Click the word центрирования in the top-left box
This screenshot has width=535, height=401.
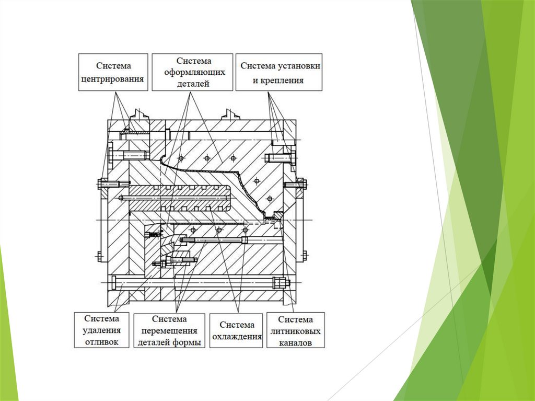coord(113,79)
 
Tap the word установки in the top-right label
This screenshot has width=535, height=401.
coord(299,66)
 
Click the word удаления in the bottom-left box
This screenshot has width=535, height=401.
coord(102,330)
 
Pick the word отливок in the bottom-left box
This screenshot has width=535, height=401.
coord(102,342)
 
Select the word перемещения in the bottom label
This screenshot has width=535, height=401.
coord(169,331)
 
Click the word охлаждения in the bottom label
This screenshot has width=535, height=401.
coord(236,337)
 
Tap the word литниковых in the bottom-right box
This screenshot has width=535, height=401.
coord(295,331)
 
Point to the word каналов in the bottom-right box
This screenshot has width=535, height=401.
coord(295,343)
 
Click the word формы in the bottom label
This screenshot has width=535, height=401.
coord(188,343)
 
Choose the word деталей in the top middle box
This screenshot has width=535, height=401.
coord(193,84)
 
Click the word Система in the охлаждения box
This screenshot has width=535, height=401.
coord(237,325)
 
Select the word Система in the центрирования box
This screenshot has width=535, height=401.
coord(113,66)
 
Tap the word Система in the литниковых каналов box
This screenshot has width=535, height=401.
coord(295,319)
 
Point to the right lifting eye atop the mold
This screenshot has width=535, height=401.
coord(229,114)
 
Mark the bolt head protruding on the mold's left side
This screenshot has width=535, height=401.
coord(101,184)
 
